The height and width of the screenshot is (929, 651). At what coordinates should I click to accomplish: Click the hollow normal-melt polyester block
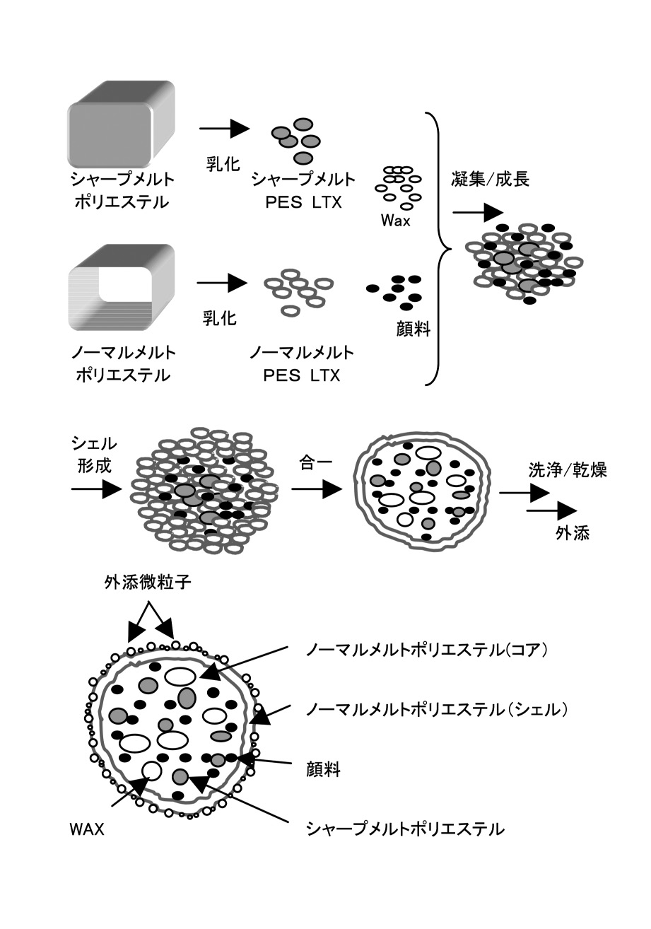pos(121,288)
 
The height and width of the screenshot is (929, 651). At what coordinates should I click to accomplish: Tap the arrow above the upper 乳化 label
pos(224,129)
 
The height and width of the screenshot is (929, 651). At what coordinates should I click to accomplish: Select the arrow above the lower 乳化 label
pos(222,284)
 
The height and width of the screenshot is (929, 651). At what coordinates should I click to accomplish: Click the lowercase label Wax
pos(396,221)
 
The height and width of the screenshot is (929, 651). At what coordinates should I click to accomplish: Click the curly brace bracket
pos(438,249)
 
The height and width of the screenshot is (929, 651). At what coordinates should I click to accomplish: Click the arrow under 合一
pos(317,489)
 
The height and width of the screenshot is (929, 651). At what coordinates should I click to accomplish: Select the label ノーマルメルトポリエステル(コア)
pos(427,650)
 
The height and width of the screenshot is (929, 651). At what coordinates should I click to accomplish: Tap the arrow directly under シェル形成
pos(97,489)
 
